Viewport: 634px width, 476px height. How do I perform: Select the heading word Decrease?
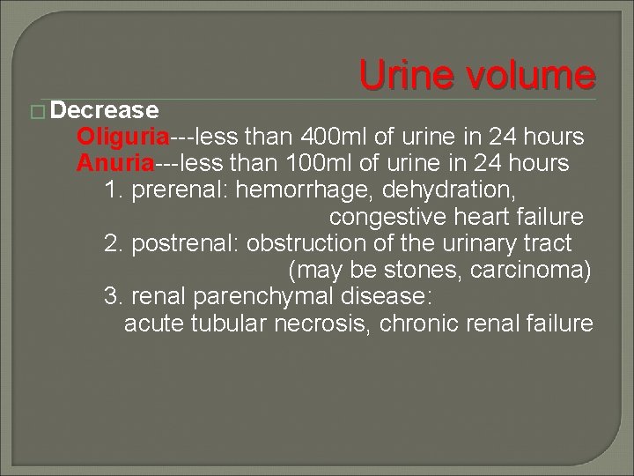[x=105, y=111]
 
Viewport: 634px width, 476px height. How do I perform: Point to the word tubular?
[x=230, y=324]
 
